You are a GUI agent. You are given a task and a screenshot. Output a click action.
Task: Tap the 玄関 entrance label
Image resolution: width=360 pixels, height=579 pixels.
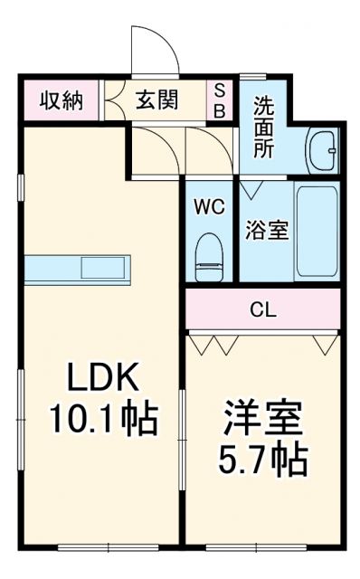[158, 100]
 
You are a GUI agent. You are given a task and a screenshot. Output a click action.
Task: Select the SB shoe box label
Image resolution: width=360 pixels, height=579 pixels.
[220, 100]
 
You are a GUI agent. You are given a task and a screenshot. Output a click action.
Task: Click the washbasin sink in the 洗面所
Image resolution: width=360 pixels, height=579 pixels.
[321, 146]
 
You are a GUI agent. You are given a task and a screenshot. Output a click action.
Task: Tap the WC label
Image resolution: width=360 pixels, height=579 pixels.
[209, 205]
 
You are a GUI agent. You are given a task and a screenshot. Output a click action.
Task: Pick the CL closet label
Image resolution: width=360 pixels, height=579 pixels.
[263, 310]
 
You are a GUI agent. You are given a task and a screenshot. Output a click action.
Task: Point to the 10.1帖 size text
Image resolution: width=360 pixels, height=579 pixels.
[102, 419]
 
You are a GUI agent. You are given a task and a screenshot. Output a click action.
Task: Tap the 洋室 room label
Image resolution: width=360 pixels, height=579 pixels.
[263, 419]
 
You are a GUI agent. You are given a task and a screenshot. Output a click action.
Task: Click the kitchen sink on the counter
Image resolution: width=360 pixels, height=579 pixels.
[105, 269]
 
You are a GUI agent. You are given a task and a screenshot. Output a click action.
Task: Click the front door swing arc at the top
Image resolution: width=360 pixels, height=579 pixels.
[154, 50]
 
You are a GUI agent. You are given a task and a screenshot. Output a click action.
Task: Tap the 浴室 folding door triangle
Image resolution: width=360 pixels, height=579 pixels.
[251, 189]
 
